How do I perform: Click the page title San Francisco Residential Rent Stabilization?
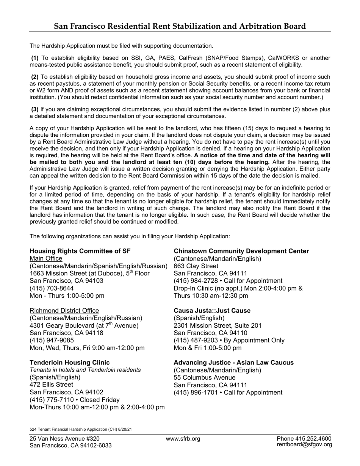pos(180,26)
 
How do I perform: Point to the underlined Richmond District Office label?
pos(64,311)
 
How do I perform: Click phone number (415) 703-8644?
pos(52,288)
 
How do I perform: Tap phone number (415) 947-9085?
pos(52,340)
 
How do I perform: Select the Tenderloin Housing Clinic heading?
pos(70,363)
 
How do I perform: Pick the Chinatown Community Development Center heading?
pos(241,251)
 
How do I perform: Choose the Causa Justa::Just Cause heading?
pos(212,311)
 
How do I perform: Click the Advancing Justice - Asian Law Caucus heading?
pos(233,363)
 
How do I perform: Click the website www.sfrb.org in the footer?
pos(183,439)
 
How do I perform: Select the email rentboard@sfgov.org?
pos(304,445)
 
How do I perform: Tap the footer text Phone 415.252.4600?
pos(304,439)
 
